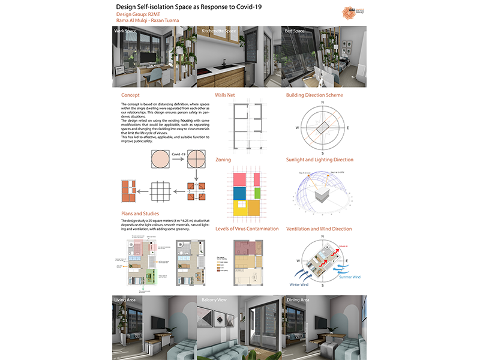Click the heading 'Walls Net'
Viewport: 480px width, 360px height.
227,95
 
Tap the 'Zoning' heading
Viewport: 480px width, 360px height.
223,160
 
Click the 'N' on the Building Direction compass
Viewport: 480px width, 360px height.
323,103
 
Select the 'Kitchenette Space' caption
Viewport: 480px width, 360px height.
219,30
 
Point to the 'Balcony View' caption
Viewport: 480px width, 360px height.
214,299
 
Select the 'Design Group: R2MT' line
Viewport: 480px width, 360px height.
137,13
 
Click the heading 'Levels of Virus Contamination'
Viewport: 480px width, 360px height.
247,229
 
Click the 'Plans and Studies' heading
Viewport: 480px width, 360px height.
140,213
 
